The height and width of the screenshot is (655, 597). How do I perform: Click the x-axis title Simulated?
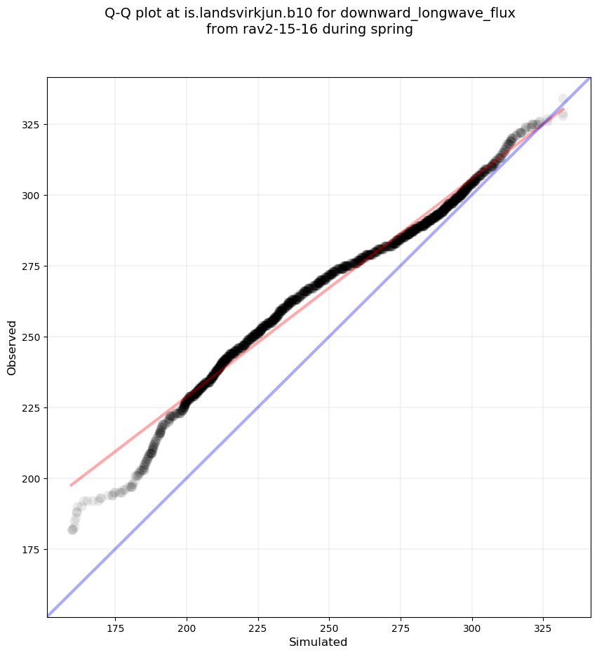click(x=318, y=642)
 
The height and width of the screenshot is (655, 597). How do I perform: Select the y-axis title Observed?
click(x=12, y=347)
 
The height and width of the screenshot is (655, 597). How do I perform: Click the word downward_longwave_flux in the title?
click(x=428, y=13)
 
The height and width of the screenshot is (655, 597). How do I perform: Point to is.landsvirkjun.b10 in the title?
click(x=255, y=13)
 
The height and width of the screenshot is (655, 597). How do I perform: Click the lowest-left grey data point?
click(x=72, y=529)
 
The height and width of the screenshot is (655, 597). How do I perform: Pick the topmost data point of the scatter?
click(x=563, y=99)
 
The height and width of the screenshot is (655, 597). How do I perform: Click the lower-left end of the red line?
click(x=71, y=485)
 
